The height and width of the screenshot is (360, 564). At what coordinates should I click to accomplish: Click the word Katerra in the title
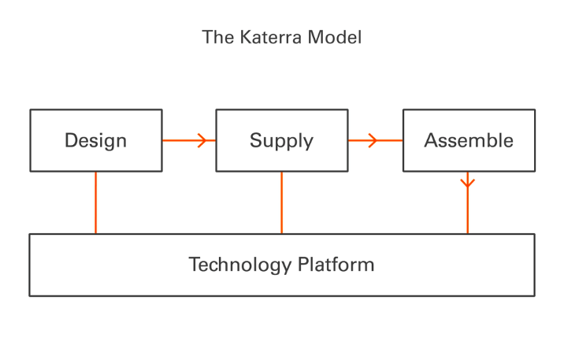(270, 37)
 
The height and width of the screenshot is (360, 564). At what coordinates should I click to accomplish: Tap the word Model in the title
(335, 37)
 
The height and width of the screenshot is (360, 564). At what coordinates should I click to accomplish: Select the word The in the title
(218, 37)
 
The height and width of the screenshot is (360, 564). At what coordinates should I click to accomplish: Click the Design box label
(95, 141)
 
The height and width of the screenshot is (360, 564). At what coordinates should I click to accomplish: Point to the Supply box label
(282, 141)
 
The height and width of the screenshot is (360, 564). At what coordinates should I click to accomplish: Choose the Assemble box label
(469, 140)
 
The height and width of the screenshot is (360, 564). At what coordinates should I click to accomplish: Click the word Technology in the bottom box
(240, 265)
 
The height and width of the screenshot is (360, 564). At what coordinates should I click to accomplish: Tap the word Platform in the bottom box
(336, 265)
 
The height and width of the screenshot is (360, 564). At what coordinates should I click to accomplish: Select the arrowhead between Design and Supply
(202, 140)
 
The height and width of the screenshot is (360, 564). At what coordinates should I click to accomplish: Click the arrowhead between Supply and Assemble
(373, 140)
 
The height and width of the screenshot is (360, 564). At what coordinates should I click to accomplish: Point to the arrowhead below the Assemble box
(468, 183)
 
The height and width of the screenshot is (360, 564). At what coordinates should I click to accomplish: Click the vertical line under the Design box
(95, 202)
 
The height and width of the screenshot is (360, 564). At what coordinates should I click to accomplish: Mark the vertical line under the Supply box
(282, 202)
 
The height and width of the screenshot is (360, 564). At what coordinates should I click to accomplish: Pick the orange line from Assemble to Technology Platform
(468, 202)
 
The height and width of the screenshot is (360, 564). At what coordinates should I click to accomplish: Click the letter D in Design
(71, 140)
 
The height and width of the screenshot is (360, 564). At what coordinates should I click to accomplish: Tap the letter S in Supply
(256, 140)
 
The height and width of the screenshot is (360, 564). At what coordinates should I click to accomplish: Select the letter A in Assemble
(432, 140)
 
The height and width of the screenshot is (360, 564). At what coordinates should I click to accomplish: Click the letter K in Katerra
(246, 37)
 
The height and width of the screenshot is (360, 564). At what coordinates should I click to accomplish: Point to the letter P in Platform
(303, 265)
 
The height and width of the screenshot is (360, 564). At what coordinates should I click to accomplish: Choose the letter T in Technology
(195, 265)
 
